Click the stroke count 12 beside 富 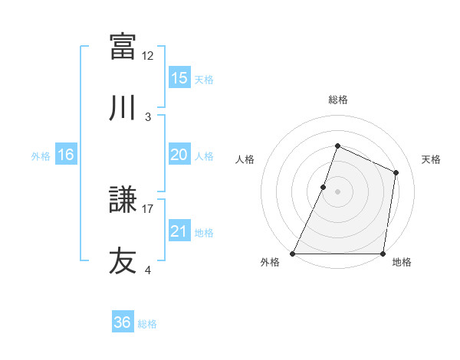click(148, 55)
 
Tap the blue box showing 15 click(179, 78)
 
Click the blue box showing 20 click(179, 155)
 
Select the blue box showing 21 click(179, 231)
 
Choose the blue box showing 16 click(65, 155)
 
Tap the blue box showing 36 click(122, 322)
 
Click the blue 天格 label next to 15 click(203, 79)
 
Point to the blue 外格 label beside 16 click(41, 155)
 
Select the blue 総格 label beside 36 click(147, 323)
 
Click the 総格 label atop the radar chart click(337, 100)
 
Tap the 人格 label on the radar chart click(245, 159)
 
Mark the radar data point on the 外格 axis click(293, 254)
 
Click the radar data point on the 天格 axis click(396, 172)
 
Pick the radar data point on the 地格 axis click(383, 254)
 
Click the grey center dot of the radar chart click(337, 191)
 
